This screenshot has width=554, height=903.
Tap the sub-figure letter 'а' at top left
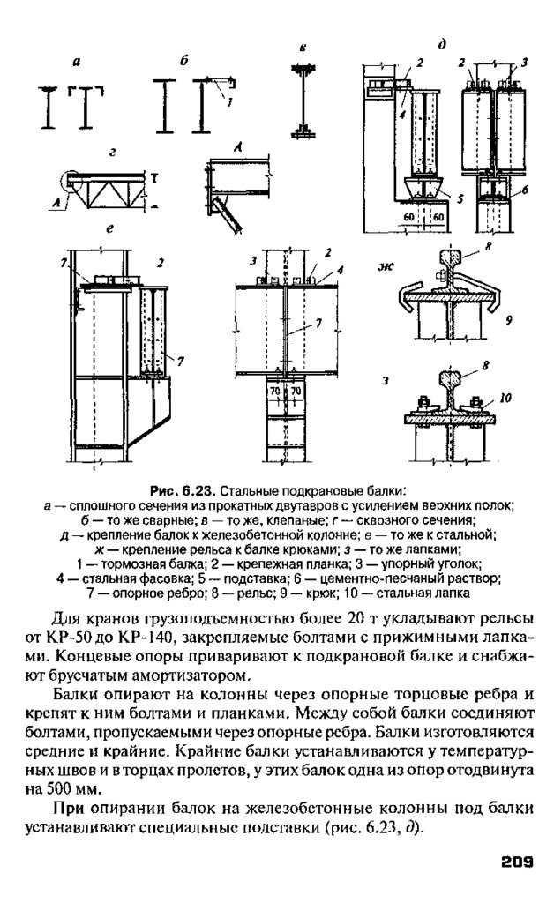[76, 61]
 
